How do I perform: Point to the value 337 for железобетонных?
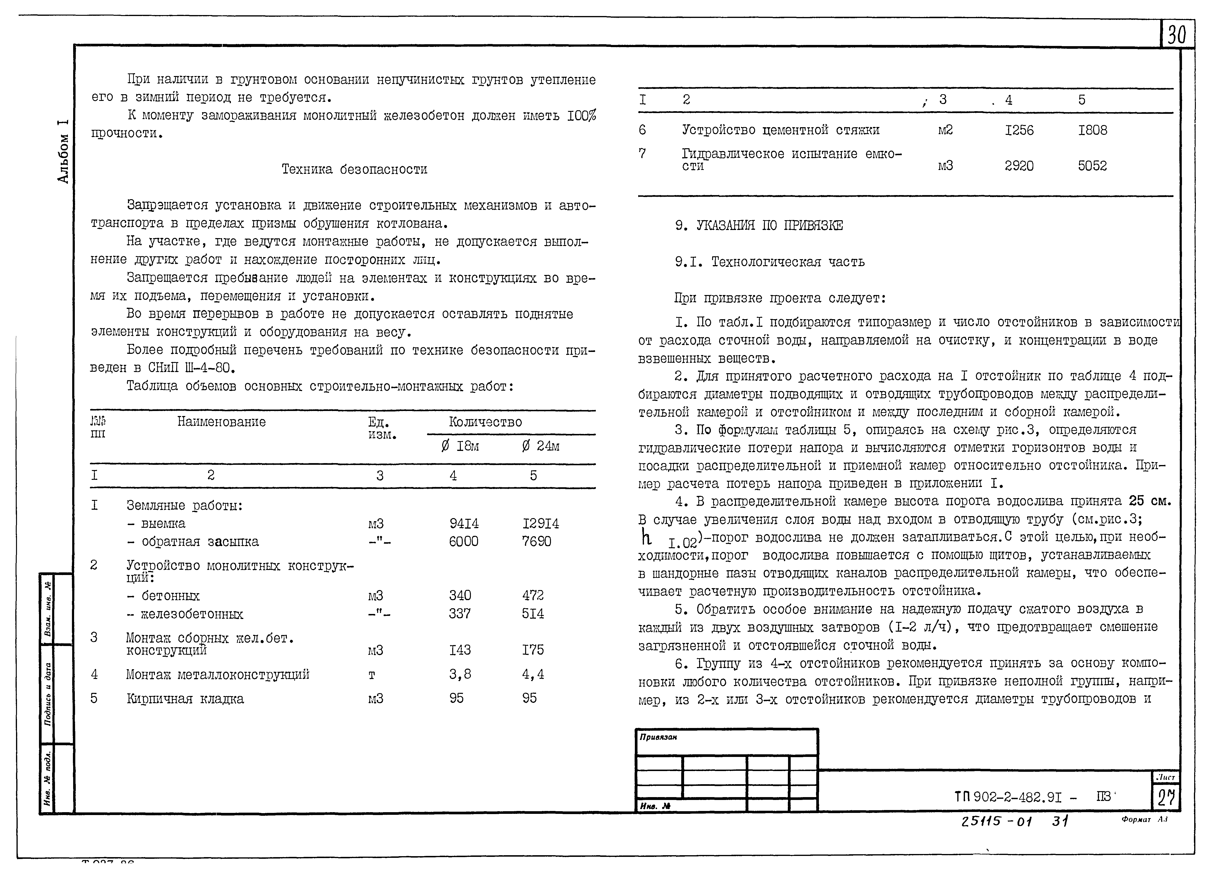460,614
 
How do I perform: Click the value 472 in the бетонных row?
533,595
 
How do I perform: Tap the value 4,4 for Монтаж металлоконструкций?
533,674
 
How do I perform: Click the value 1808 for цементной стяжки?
1093,130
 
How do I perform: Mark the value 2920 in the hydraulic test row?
1019,166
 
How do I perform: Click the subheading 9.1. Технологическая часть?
769,262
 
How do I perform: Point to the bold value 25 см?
1150,501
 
